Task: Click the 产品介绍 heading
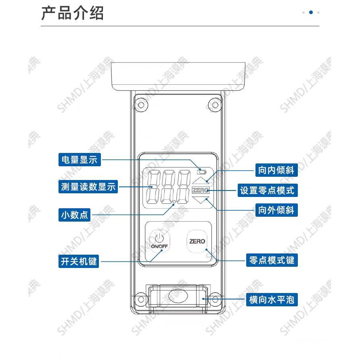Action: pyautogui.click(x=73, y=13)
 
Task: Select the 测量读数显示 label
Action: pyautogui.click(x=88, y=187)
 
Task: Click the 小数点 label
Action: pyautogui.click(x=74, y=215)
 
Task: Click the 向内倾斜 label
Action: pyautogui.click(x=276, y=170)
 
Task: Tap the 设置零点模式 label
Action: pyautogui.click(x=267, y=190)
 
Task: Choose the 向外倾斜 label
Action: pyautogui.click(x=276, y=210)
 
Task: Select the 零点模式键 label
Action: pyautogui.click(x=272, y=260)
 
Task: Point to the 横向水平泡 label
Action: pyautogui.click(x=272, y=300)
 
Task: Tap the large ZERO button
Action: pyautogui.click(x=197, y=241)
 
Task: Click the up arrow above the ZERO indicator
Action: pyautogui.click(x=201, y=180)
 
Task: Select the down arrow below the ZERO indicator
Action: pyautogui.click(x=201, y=199)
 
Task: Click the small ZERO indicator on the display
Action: pyautogui.click(x=201, y=190)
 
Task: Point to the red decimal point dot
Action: pyautogui.click(x=174, y=202)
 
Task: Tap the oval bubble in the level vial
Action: pyautogui.click(x=178, y=296)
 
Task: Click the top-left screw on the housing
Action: pyautogui.click(x=141, y=105)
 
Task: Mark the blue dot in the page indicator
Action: pyautogui.click(x=311, y=13)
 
